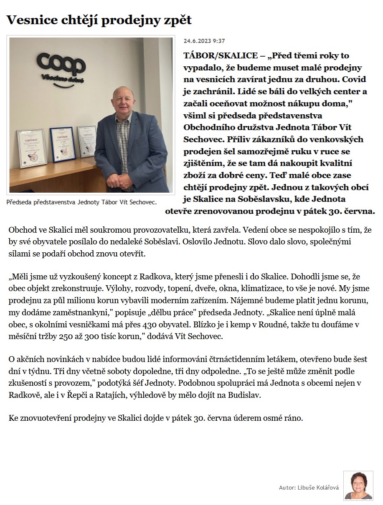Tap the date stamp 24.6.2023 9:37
pyautogui.click(x=204, y=41)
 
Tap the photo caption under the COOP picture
pyautogui.click(x=81, y=202)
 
